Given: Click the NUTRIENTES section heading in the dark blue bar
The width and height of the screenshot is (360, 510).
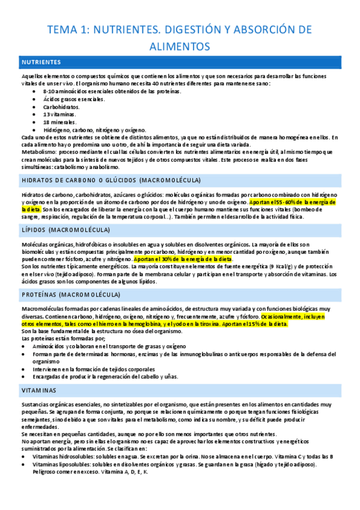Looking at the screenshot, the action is pos(40,62).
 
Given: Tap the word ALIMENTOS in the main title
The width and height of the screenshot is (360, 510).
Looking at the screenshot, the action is pos(180,46).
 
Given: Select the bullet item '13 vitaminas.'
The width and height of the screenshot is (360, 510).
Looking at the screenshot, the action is pos(59,114).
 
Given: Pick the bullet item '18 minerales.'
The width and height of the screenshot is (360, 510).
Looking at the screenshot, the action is pos(59,121).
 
